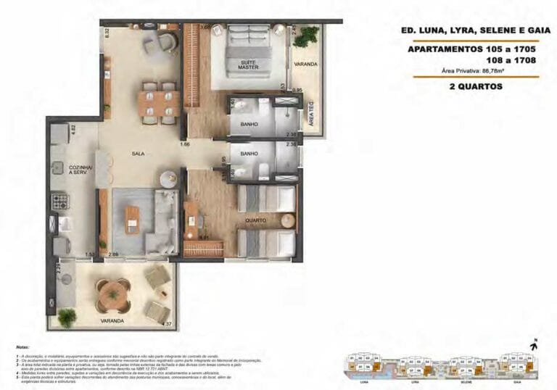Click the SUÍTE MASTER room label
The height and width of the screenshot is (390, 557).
[250, 65]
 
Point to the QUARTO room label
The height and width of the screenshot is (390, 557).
[255, 220]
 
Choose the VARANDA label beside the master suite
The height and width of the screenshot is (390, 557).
[305, 65]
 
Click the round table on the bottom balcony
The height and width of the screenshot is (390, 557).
[112, 294]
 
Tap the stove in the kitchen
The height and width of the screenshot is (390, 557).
[59, 200]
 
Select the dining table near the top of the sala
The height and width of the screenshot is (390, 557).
[159, 99]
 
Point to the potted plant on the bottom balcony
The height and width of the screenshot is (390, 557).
[67, 315]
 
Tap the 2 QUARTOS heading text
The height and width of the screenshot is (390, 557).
[475, 87]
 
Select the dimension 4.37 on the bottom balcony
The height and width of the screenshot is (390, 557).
[167, 323]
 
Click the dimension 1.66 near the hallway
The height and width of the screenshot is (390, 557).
[186, 145]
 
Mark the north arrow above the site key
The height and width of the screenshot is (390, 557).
[532, 344]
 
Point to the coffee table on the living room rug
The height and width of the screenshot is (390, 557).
[132, 215]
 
